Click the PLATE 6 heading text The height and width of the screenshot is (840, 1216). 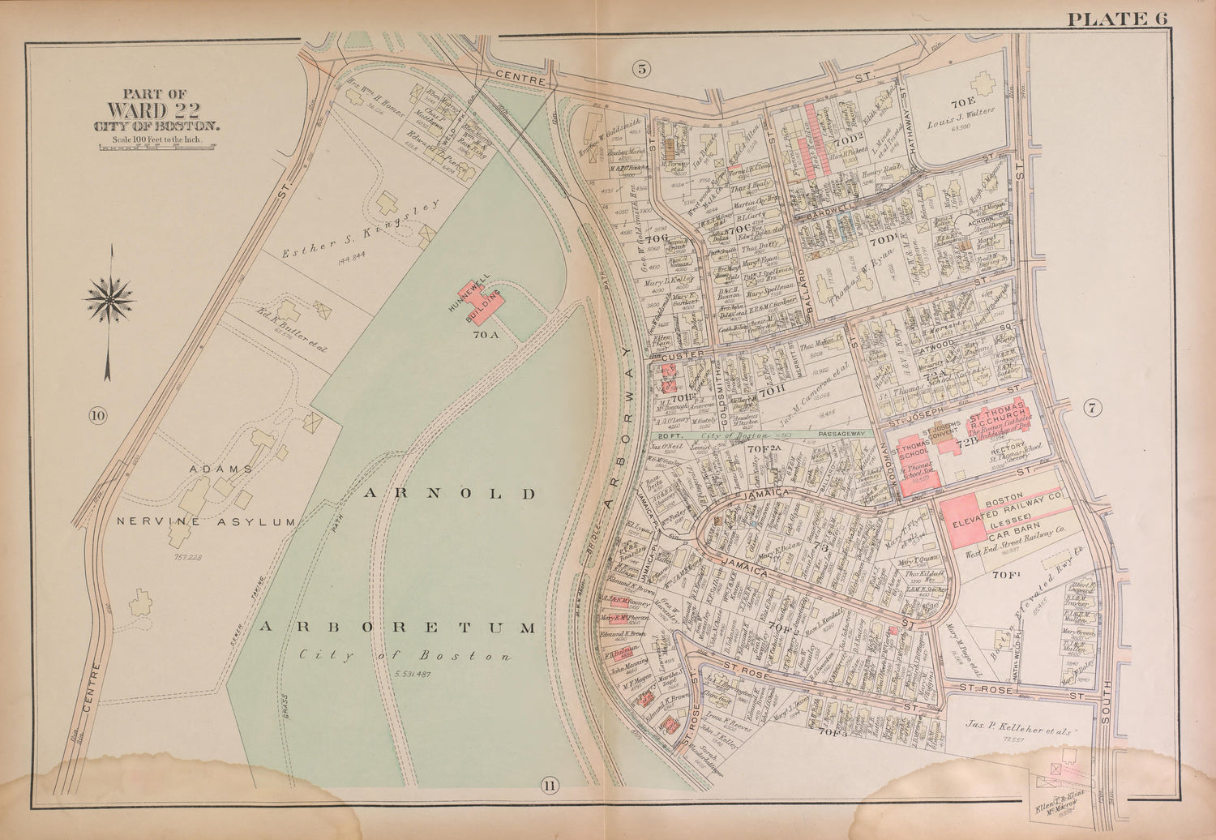[x=1118, y=19]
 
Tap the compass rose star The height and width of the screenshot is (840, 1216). [x=109, y=298]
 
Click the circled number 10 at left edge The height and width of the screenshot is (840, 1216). [x=98, y=417]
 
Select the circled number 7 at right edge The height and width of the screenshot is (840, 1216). [x=1092, y=409]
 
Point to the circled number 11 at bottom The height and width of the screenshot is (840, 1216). [x=550, y=784]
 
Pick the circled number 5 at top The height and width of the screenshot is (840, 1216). [x=641, y=69]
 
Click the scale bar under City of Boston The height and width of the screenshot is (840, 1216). [x=156, y=147]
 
